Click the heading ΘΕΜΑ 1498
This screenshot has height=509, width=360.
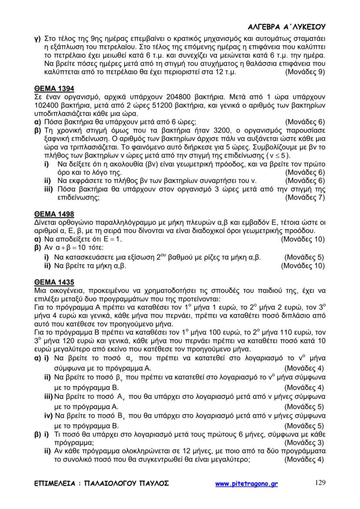click(x=54, y=213)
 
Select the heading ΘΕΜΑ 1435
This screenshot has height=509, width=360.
click(x=54, y=282)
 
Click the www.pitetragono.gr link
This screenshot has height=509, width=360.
click(x=247, y=483)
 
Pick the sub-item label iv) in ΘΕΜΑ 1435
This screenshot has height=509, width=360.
click(x=48, y=416)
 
